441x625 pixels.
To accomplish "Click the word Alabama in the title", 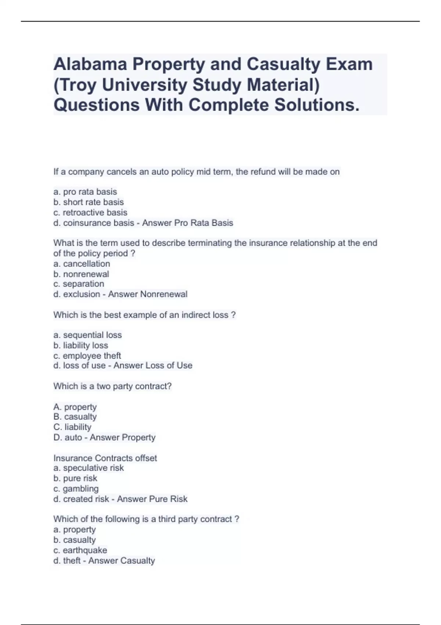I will coord(90,64).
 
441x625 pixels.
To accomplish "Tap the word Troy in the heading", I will coord(80,85).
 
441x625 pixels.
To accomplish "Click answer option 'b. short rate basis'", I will coord(89,202).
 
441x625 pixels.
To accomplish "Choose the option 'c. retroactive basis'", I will coord(90,213).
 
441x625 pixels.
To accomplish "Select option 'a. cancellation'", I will coord(82,264).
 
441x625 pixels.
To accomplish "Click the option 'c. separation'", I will coord(79,284).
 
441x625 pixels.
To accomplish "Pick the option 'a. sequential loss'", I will coord(87,335).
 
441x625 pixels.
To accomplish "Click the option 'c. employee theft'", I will coord(87,356).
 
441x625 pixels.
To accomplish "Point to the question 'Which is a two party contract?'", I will coord(112,386).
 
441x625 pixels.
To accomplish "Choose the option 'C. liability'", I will coord(72,427).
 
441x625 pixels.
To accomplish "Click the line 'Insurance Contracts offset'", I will coord(105,458).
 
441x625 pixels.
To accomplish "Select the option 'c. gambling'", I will coord(76,489).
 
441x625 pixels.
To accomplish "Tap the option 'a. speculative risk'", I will coord(89,468).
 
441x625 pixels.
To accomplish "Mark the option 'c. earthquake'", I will coord(80,550).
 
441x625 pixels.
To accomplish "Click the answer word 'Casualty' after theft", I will coord(140,561).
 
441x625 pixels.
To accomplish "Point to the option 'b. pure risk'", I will coord(75,478).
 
